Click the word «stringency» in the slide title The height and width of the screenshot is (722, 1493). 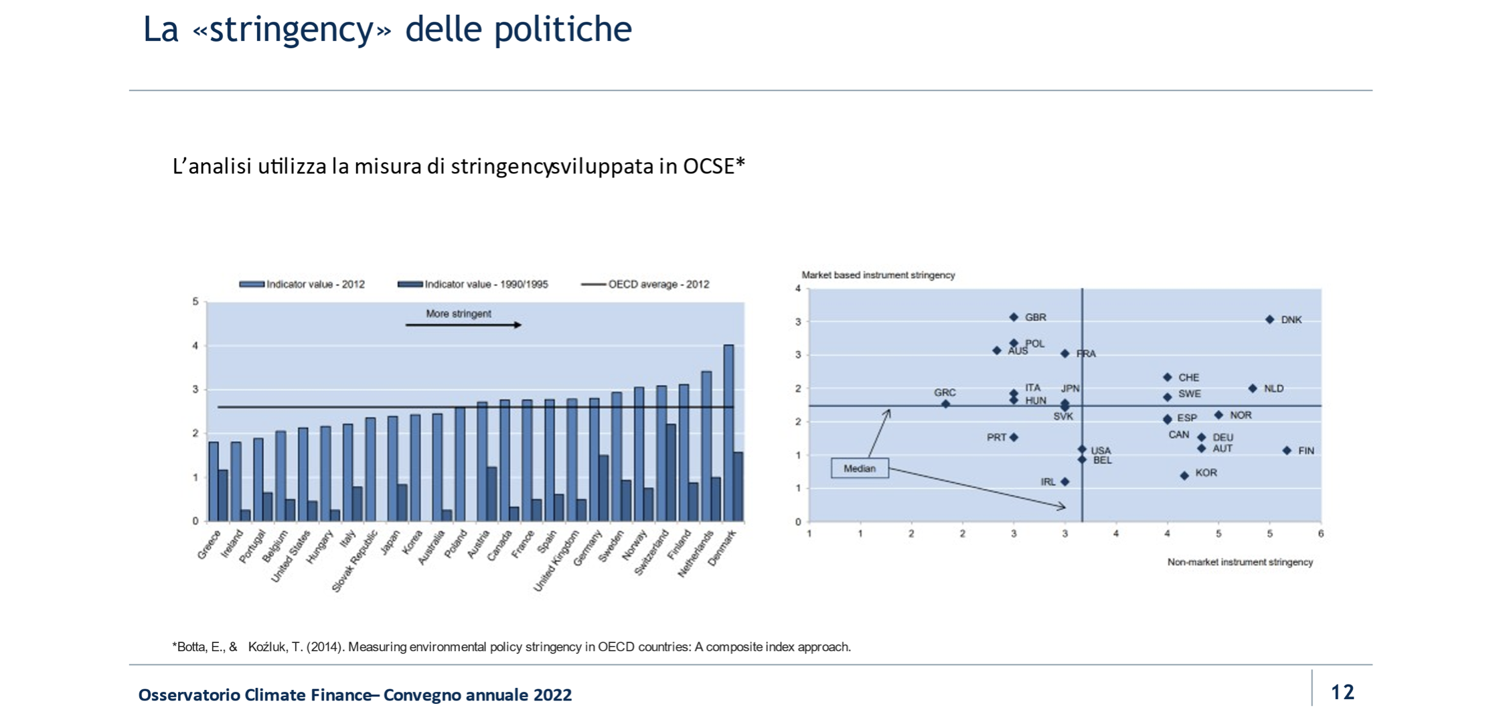coord(292,29)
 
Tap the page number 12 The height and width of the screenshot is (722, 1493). coord(1342,692)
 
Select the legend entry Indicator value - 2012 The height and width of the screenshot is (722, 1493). coord(302,284)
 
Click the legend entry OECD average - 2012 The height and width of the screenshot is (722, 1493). coord(645,284)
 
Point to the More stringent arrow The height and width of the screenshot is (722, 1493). coord(463,325)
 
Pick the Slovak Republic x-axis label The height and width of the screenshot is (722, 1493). coord(354,561)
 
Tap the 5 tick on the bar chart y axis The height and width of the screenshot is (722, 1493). coord(195,301)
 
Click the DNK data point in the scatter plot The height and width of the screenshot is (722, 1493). coord(1269,319)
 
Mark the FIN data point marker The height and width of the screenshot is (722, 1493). coord(1286,451)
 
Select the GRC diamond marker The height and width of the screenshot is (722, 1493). coord(945,404)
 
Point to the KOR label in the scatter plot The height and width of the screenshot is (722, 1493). coord(1206,473)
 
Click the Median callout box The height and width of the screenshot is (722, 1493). coord(860,468)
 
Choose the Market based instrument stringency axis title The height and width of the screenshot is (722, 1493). coord(878,275)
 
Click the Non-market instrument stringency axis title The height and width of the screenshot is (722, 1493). coord(1240,562)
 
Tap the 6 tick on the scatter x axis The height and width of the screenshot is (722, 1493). coord(1320,534)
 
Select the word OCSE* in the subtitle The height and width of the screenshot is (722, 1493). coord(714,166)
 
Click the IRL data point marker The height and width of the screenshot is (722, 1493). coord(1065,482)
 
